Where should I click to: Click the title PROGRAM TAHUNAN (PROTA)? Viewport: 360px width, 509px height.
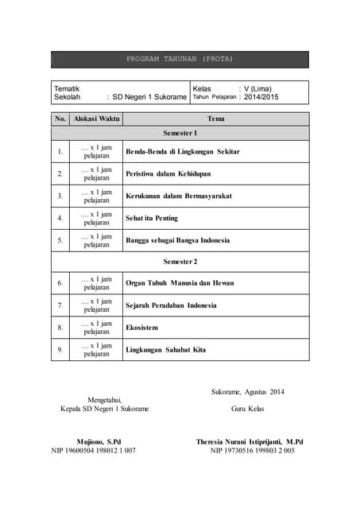click(x=180, y=59)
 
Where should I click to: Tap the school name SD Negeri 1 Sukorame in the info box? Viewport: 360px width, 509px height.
click(x=149, y=97)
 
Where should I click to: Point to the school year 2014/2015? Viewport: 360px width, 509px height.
click(x=261, y=97)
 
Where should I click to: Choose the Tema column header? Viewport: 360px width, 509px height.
click(x=215, y=119)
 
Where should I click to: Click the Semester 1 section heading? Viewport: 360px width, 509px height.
click(x=180, y=134)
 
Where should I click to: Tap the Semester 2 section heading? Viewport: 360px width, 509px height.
click(x=180, y=261)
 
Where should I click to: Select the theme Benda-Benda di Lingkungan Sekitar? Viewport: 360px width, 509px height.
click(x=183, y=151)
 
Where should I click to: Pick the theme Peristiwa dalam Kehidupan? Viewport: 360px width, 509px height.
click(x=168, y=173)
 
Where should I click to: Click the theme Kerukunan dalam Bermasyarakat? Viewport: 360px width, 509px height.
click(x=179, y=196)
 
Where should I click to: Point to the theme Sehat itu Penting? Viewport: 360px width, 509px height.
click(x=152, y=218)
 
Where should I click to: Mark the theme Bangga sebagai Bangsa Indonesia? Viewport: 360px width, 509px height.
click(x=177, y=240)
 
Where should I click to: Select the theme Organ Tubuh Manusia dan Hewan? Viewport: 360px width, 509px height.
click(x=180, y=282)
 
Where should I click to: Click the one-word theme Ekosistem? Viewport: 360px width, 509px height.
click(x=142, y=327)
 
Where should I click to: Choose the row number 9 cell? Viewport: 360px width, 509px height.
click(x=60, y=349)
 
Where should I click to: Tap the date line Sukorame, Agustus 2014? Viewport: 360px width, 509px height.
click(x=248, y=391)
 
